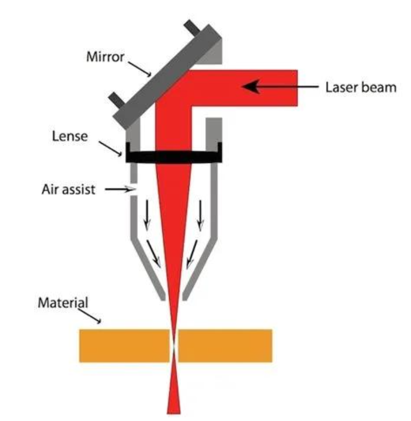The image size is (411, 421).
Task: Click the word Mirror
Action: tap(105, 57)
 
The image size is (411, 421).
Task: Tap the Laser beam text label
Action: tap(361, 87)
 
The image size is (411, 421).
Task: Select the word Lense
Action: tap(70, 136)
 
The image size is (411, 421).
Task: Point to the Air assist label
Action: tap(68, 190)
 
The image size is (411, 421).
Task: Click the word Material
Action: tap(63, 303)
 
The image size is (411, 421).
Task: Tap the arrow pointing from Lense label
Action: tap(110, 149)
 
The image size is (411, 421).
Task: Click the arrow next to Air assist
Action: tap(120, 190)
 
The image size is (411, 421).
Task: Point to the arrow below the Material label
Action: tap(90, 316)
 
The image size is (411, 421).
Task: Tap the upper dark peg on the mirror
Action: tap(192, 28)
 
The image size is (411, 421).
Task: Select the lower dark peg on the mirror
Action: tap(117, 99)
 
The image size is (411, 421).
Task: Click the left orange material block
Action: tap(125, 346)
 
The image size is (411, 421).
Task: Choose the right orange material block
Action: tap(225, 346)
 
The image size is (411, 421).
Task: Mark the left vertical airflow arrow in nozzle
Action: tap(147, 216)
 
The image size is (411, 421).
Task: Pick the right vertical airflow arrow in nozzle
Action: tap(200, 216)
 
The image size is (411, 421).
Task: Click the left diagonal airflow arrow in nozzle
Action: tap(154, 254)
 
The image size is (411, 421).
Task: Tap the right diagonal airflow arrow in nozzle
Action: tap(192, 254)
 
